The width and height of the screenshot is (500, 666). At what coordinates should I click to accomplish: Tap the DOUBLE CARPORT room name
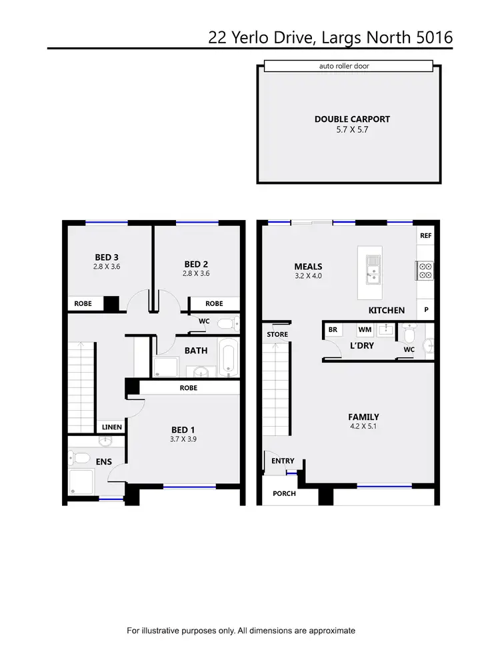pyautogui.click(x=352, y=119)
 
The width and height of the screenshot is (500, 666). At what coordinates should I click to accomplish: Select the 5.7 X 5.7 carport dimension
pyautogui.click(x=352, y=131)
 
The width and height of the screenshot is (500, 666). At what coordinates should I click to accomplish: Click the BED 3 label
pyautogui.click(x=107, y=257)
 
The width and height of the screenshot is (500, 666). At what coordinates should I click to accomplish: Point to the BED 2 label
pyautogui.click(x=196, y=263)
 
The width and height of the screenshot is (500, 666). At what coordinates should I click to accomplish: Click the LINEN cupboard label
pyautogui.click(x=112, y=427)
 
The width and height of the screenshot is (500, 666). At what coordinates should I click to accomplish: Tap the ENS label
pyautogui.click(x=103, y=461)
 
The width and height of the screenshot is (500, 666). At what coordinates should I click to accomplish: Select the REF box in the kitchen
pyautogui.click(x=425, y=235)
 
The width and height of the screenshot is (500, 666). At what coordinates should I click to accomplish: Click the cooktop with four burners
pyautogui.click(x=425, y=270)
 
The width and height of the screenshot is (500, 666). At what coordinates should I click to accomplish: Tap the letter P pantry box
pyautogui.click(x=425, y=310)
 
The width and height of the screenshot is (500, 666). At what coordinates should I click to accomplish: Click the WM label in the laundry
pyautogui.click(x=365, y=329)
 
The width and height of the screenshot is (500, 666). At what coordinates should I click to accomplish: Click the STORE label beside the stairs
pyautogui.click(x=277, y=334)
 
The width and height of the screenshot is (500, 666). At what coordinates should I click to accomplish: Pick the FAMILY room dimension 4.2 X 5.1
pyautogui.click(x=363, y=427)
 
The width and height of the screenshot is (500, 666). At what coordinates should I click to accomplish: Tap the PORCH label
pyautogui.click(x=285, y=493)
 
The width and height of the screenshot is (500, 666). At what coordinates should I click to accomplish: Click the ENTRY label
pyautogui.click(x=283, y=461)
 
